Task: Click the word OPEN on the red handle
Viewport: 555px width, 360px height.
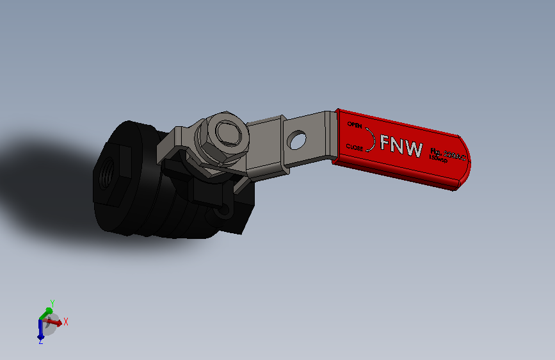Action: point(355,124)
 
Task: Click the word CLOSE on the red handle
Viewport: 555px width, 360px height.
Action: point(355,147)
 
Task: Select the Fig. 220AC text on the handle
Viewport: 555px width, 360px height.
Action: point(449,154)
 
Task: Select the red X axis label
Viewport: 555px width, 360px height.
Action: point(66,322)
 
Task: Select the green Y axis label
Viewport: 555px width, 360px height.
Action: point(52,303)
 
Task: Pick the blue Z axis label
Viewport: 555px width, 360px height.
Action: point(40,341)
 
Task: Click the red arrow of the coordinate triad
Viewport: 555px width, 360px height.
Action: point(56,323)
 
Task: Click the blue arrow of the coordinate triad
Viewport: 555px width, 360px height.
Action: point(40,331)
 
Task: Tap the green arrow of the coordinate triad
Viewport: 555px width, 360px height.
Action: point(46,313)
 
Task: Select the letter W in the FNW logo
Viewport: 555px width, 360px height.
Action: point(412,148)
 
